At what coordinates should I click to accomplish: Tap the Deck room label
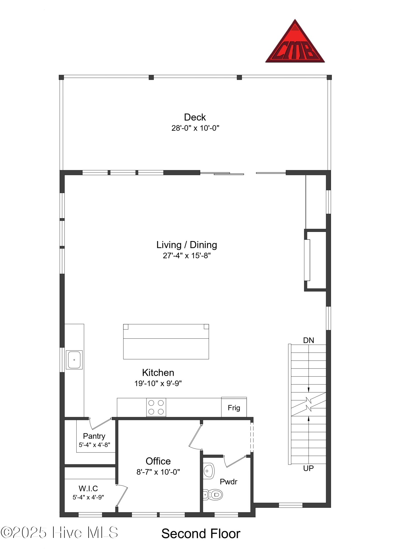(195, 117)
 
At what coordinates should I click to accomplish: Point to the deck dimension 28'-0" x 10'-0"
(195, 128)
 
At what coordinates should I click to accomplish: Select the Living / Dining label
(186, 245)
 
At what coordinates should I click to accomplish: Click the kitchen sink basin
(74, 360)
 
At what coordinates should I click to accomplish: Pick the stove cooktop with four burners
(156, 407)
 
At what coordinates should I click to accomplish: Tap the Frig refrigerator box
(234, 408)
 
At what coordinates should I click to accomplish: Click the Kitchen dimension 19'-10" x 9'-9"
(158, 383)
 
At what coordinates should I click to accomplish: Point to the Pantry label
(94, 436)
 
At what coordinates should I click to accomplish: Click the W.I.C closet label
(88, 489)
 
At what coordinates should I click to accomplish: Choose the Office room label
(158, 461)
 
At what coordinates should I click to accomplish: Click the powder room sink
(209, 471)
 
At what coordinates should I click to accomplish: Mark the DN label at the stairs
(309, 340)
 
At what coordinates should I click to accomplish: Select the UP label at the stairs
(308, 468)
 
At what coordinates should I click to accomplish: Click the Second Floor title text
(201, 534)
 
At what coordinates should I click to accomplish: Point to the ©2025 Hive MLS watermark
(59, 533)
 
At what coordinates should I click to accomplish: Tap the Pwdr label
(228, 482)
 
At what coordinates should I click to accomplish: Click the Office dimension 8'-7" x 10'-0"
(158, 472)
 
